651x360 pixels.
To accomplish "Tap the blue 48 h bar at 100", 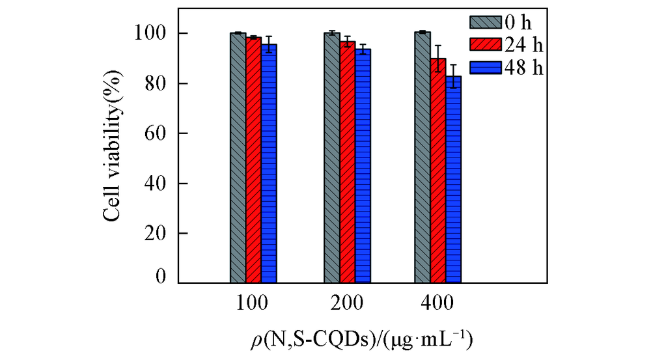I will click(x=269, y=163).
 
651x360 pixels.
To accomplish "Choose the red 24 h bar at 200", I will click(x=348, y=162).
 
